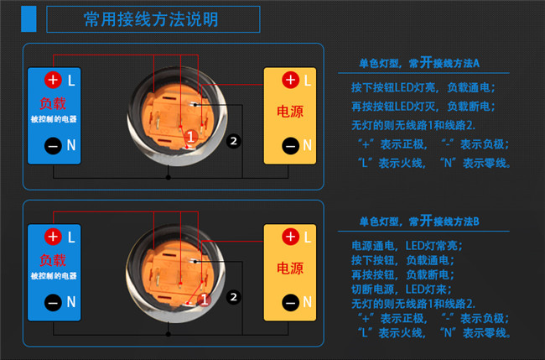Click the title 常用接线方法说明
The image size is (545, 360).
(151, 19)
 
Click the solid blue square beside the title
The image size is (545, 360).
(29, 19)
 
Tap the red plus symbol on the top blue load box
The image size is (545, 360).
(53, 80)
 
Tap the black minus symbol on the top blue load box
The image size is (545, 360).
(53, 146)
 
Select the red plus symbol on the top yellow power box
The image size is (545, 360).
(291, 80)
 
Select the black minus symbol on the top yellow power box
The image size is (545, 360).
(291, 146)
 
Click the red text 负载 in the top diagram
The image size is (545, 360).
(53, 103)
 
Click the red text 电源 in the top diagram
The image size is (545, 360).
(290, 112)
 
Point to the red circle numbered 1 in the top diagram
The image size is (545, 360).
(190, 137)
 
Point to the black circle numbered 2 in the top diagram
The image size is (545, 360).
(234, 141)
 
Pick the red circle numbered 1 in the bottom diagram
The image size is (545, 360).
(205, 300)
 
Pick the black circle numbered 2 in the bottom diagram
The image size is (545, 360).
(234, 297)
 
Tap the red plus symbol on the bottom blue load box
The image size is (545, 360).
(53, 237)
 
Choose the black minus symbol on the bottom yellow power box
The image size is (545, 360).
(291, 303)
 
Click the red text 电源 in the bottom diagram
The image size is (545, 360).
(290, 269)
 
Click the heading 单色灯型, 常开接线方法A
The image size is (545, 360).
(419, 63)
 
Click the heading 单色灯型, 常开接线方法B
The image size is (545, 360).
(419, 221)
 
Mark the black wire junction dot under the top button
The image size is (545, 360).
(169, 177)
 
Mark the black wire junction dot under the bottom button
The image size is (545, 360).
(169, 334)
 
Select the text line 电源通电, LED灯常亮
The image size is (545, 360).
(407, 246)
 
